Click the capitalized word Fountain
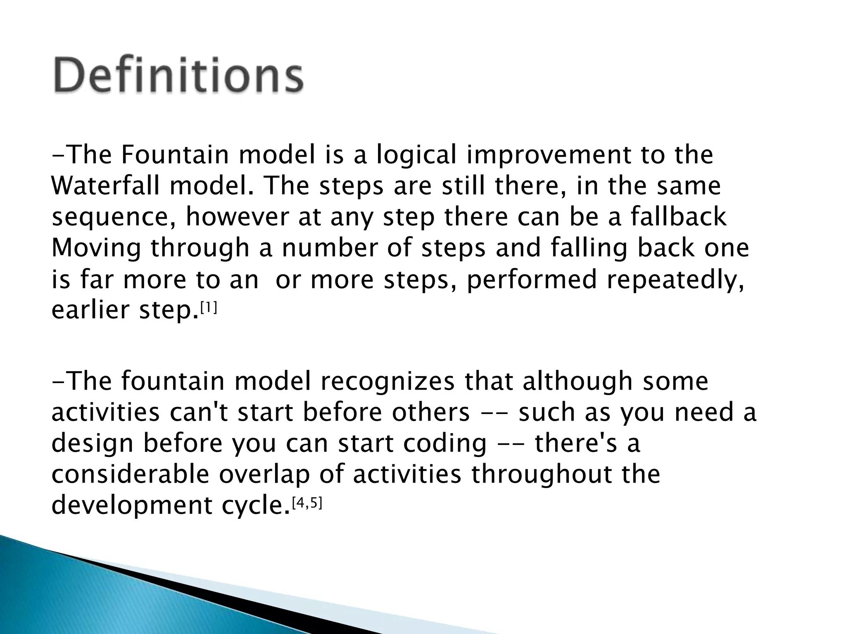tap(175, 155)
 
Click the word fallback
tap(678, 217)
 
